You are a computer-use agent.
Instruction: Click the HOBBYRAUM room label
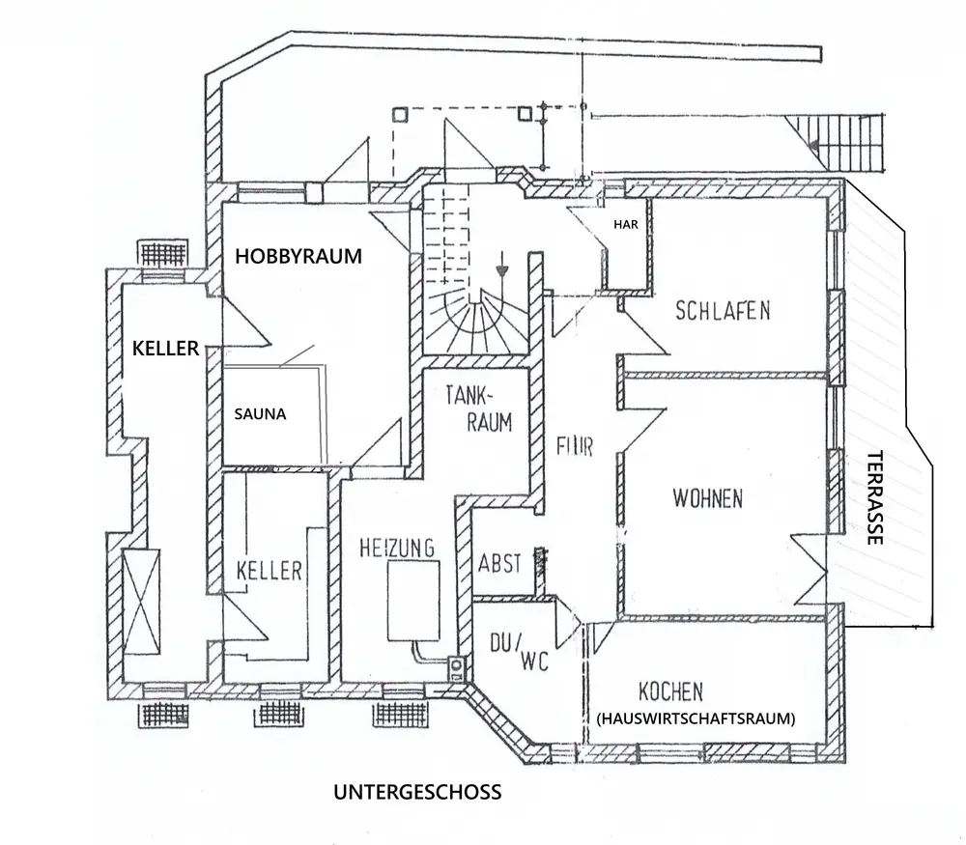pyautogui.click(x=298, y=257)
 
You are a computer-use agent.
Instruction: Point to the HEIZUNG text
pyautogui.click(x=396, y=548)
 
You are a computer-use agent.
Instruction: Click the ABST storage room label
pyautogui.click(x=500, y=564)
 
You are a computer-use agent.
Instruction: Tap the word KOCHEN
pyautogui.click(x=670, y=691)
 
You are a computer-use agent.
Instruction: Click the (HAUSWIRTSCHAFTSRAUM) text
pyautogui.click(x=696, y=718)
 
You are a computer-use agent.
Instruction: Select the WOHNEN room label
pyautogui.click(x=708, y=499)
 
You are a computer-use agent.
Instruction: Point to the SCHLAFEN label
pyautogui.click(x=723, y=311)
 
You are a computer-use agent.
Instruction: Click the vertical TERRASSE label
pyautogui.click(x=875, y=498)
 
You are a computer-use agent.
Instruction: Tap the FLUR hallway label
pyautogui.click(x=574, y=448)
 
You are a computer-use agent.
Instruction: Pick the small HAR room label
pyautogui.click(x=627, y=224)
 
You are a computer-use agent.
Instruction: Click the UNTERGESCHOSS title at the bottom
pyautogui.click(x=417, y=793)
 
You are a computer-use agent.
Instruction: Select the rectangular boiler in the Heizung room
pyautogui.click(x=414, y=600)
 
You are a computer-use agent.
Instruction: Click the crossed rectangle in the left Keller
pyautogui.click(x=142, y=599)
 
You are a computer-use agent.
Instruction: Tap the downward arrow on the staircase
pyautogui.click(x=500, y=265)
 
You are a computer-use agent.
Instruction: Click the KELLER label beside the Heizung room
pyautogui.click(x=269, y=571)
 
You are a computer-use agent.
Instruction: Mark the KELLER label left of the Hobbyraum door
pyautogui.click(x=165, y=348)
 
